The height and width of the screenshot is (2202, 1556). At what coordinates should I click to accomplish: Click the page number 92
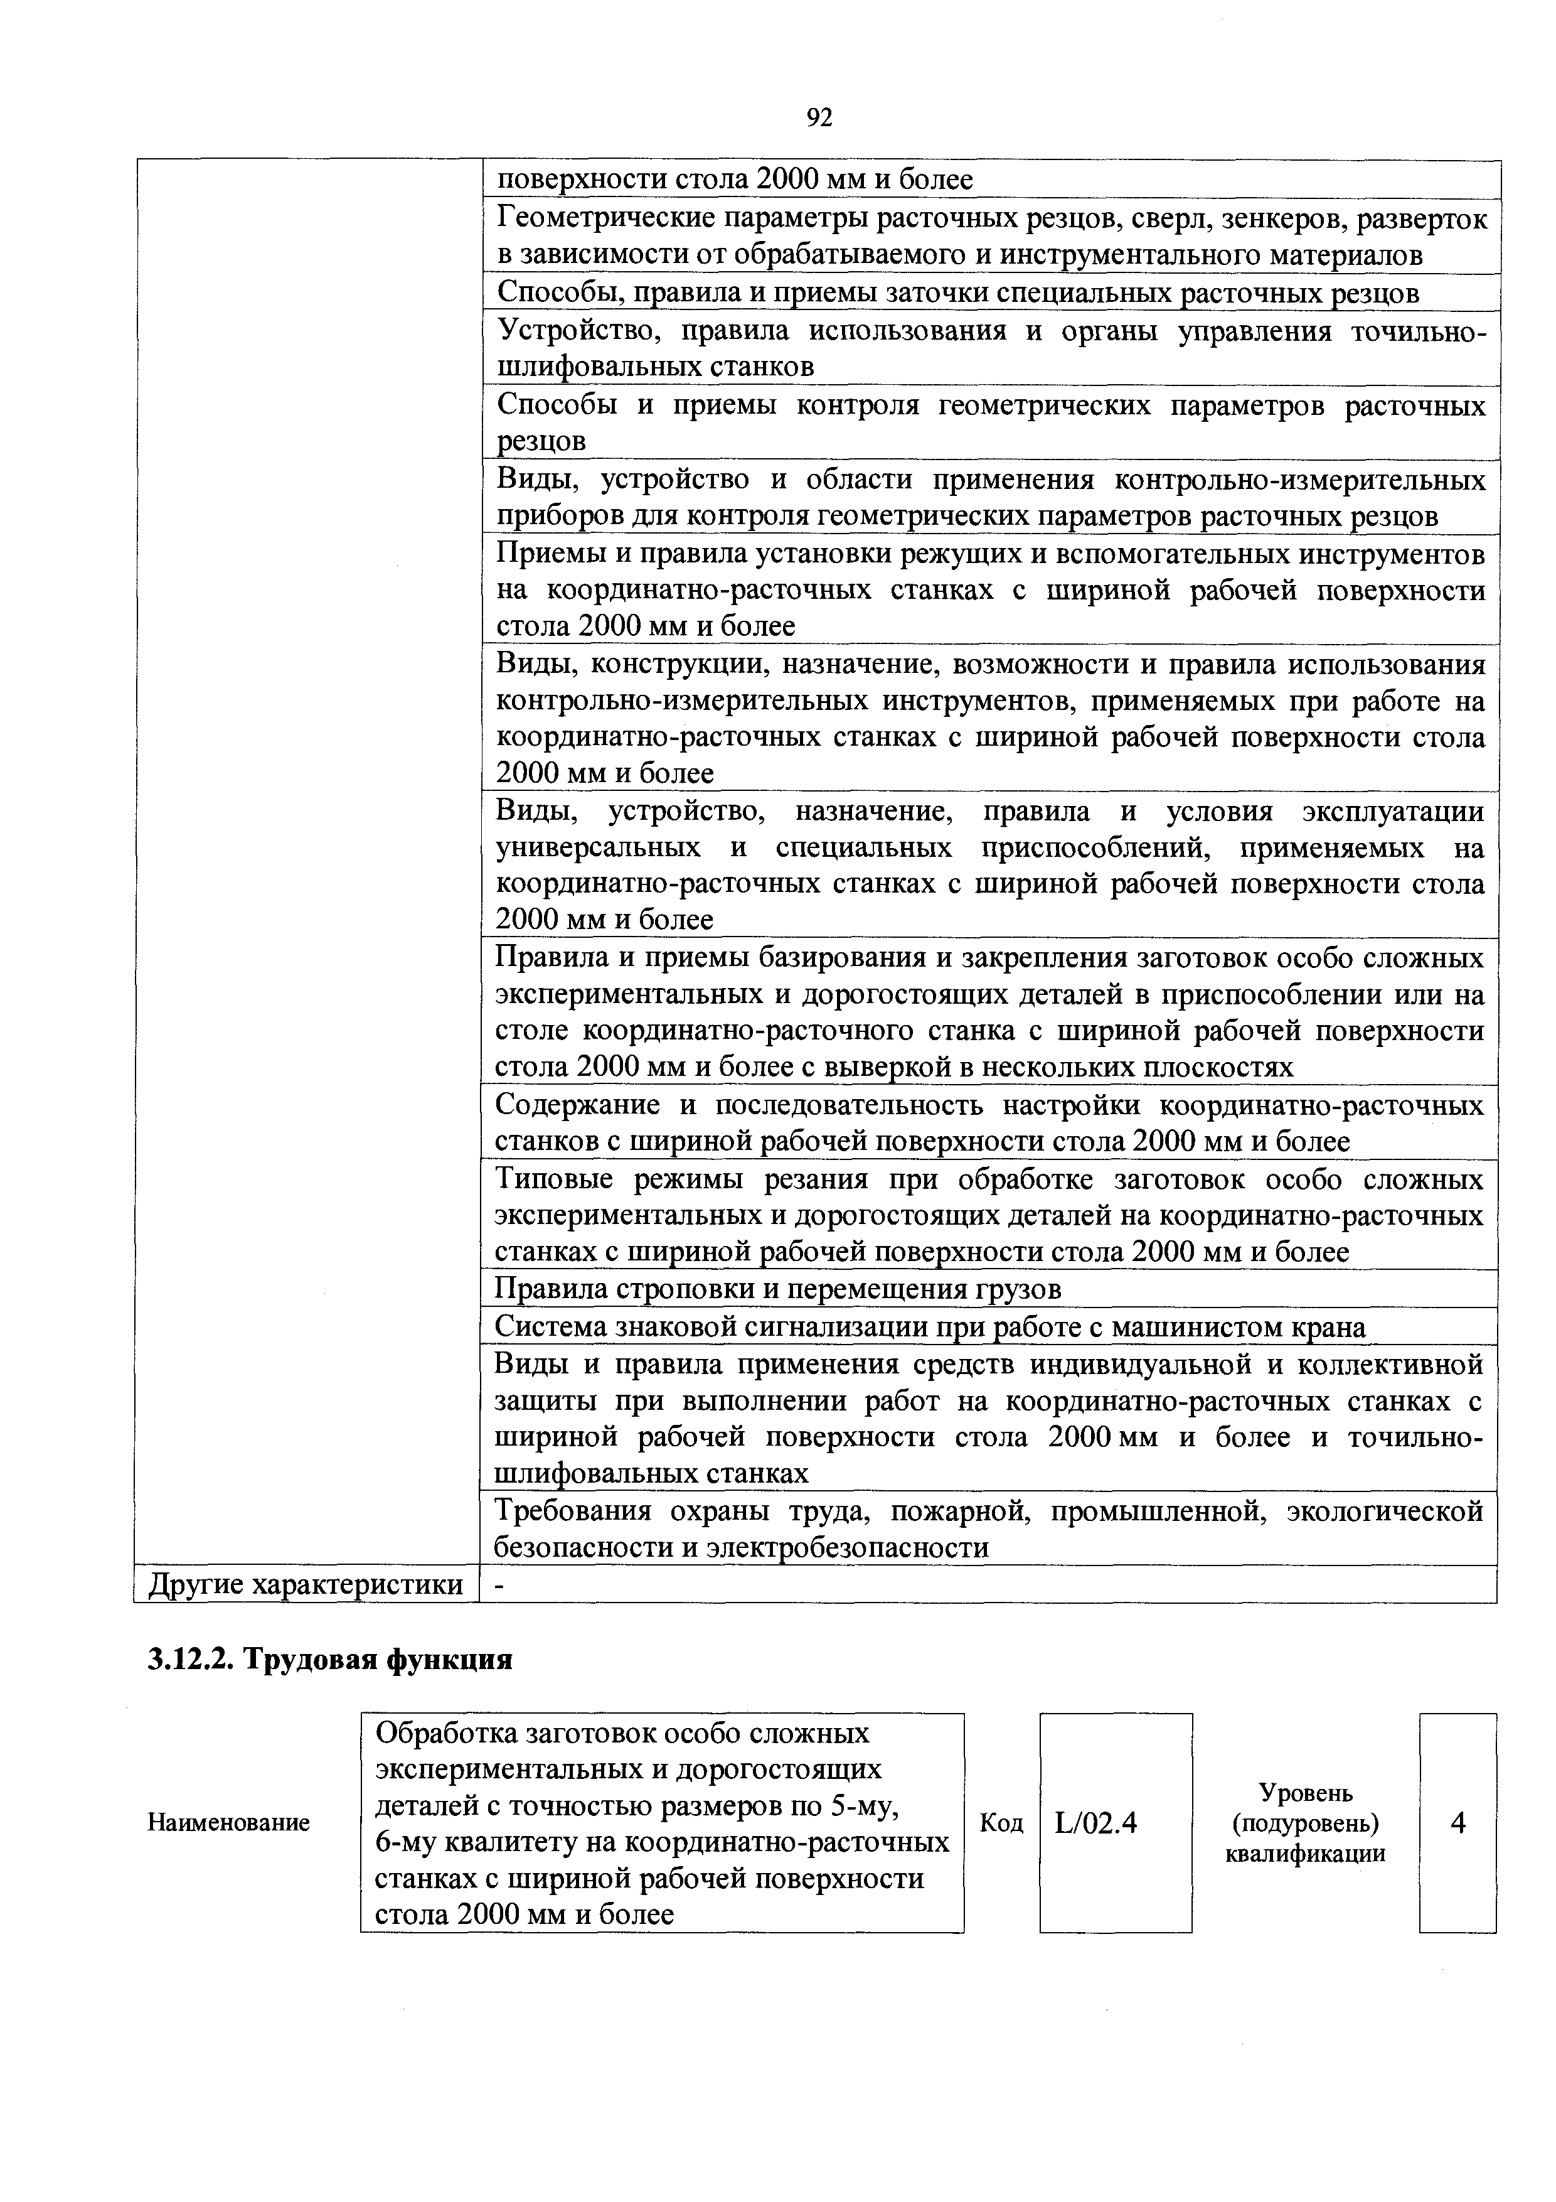pyautogui.click(x=819, y=117)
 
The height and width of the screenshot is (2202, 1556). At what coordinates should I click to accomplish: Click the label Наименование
pyautogui.click(x=228, y=1823)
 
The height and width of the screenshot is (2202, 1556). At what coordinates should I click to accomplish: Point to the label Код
pyautogui.click(x=1002, y=1823)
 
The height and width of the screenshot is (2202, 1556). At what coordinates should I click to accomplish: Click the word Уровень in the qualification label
pyautogui.click(x=1305, y=1793)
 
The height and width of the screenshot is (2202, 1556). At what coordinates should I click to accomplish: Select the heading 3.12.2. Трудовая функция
pyautogui.click(x=330, y=1660)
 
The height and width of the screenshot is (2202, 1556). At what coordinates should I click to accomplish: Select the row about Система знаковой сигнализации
pyautogui.click(x=930, y=1326)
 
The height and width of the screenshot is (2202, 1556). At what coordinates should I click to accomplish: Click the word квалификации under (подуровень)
pyautogui.click(x=1305, y=1854)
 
